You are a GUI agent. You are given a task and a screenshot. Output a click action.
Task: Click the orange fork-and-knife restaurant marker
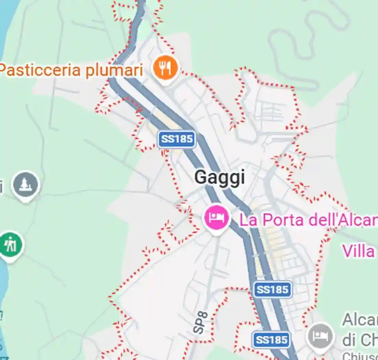pyautogui.click(x=166, y=67)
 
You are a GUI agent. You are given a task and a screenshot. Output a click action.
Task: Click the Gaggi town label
pyautogui.click(x=220, y=178)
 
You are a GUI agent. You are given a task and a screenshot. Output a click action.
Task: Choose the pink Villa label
pyautogui.click(x=358, y=251)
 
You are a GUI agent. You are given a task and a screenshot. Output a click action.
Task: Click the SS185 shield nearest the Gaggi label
pyautogui.click(x=177, y=139)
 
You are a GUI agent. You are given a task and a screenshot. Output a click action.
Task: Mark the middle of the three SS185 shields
pyautogui.click(x=273, y=290)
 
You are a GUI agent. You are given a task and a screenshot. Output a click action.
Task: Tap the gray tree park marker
pyautogui.click(x=26, y=185)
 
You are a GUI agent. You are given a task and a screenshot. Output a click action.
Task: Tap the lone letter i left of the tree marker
pyautogui.click(x=1, y=187)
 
